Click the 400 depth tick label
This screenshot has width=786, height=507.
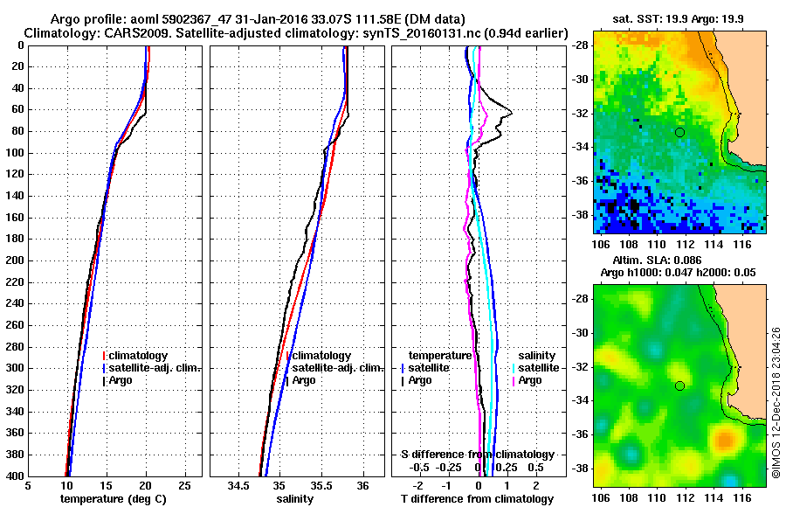(16, 476)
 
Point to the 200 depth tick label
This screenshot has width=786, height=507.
(16, 260)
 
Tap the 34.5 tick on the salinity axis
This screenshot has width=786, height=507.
(238, 487)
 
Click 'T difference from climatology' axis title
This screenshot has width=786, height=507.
(477, 499)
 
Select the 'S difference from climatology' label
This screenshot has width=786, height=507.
(477, 455)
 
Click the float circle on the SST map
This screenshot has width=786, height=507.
(679, 132)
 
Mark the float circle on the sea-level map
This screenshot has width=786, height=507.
(679, 385)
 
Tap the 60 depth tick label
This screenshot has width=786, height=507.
(18, 110)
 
